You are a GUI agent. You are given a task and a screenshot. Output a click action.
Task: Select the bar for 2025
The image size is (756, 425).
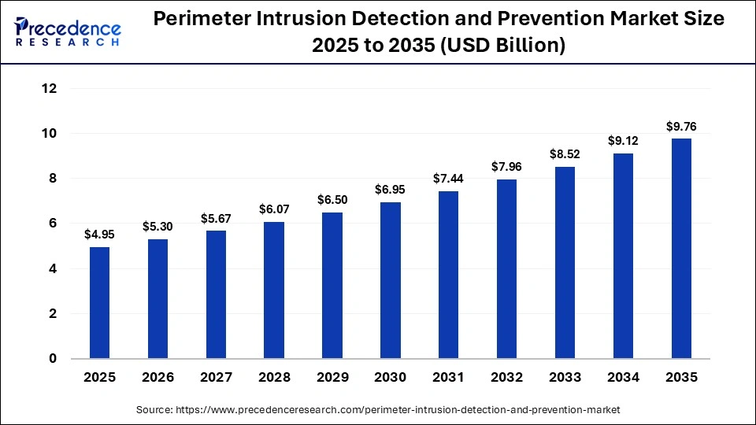[x=99, y=303]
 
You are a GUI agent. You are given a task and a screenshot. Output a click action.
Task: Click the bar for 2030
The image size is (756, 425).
[x=391, y=280]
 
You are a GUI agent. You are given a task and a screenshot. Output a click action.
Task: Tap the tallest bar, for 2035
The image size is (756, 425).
[x=681, y=249]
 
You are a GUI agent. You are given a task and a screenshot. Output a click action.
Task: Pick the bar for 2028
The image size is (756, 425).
[x=274, y=290]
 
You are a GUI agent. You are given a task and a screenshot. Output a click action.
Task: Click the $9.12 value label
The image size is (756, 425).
[x=623, y=141]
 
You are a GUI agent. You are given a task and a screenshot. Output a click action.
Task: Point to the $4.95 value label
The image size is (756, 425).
[x=99, y=235]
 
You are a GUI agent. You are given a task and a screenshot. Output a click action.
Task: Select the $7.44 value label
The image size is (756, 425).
[x=449, y=179]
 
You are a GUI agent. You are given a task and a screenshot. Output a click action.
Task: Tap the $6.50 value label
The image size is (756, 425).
[x=332, y=200]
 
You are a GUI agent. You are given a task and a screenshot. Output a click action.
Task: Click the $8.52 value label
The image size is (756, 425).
[x=565, y=154]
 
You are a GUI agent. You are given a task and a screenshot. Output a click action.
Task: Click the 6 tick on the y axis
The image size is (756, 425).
[x=53, y=224]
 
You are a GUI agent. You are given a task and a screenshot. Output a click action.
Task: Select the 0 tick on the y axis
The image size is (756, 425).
[x=53, y=359]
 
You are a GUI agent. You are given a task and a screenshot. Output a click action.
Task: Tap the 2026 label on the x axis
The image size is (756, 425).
[x=157, y=378]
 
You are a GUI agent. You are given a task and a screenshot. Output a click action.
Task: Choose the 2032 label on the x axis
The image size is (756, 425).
[x=506, y=378]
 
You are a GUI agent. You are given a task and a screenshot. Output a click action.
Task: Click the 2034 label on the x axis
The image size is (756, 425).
[x=623, y=378]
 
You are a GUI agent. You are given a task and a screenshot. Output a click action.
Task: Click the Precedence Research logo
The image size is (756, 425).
[x=68, y=32]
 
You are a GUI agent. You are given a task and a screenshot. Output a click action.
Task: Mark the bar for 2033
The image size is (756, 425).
[x=565, y=263]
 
